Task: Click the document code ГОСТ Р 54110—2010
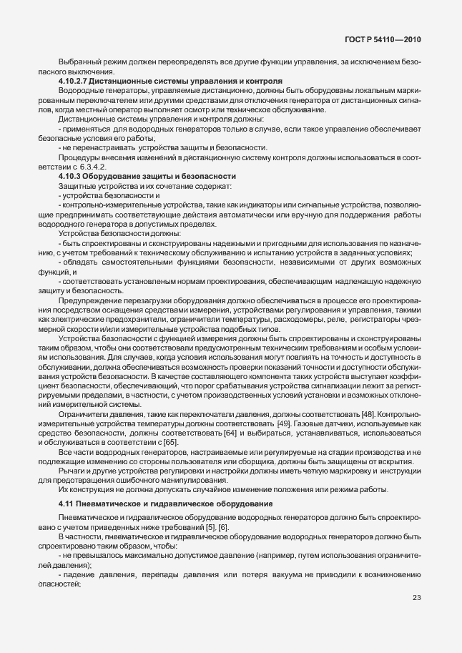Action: point(384,40)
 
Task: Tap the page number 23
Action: point(416,618)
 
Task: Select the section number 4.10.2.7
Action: point(74,82)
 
